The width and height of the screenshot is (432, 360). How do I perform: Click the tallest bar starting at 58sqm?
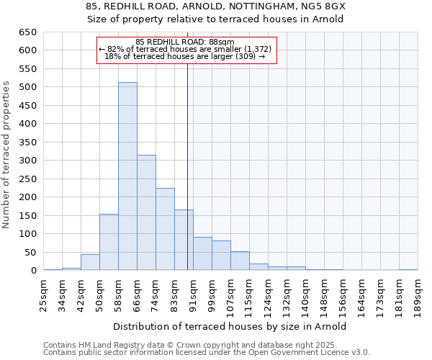[x=127, y=176]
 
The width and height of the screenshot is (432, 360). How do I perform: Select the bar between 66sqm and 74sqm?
[x=146, y=212]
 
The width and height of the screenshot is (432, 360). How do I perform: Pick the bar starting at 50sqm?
[x=109, y=242]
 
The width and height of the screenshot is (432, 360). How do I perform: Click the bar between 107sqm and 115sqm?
[x=240, y=261]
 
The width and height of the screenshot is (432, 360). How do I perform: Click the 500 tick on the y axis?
[x=29, y=87]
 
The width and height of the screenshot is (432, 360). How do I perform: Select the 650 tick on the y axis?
[x=29, y=32]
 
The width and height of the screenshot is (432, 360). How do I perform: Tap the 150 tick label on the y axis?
[x=29, y=215]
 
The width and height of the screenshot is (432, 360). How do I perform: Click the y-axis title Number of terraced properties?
[x=6, y=154]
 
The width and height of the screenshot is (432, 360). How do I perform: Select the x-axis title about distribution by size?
[x=230, y=326]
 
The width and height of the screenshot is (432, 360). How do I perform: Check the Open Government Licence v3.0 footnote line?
[x=206, y=352]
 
